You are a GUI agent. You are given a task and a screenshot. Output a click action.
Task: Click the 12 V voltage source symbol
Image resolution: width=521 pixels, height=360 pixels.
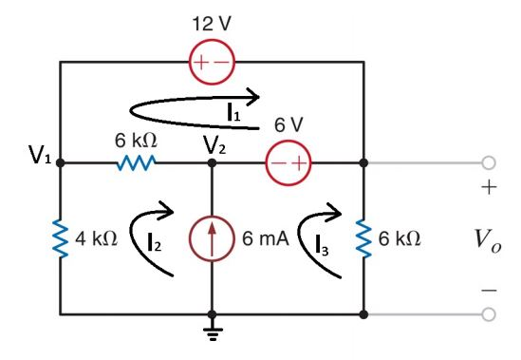(212, 63)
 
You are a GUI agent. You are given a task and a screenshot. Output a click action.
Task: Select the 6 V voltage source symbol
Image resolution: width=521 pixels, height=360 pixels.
(288, 162)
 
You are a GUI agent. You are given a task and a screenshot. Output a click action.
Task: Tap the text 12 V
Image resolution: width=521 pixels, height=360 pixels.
(212, 23)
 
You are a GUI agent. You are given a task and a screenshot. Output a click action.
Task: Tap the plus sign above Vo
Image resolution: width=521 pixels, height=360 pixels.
(488, 188)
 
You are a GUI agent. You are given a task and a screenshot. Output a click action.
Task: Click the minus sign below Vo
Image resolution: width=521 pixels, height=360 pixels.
(488, 287)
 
